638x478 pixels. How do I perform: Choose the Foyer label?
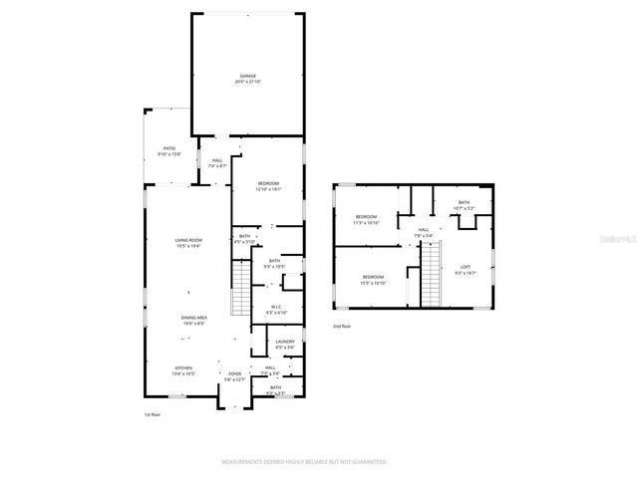pos(233,375)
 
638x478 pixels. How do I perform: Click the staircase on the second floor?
pos(430,275)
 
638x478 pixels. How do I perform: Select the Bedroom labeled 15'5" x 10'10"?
pos(373,279)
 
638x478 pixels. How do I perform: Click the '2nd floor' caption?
pos(343,326)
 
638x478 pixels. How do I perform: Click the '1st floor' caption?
pos(153,413)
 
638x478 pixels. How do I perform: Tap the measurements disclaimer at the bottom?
pos(303,462)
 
